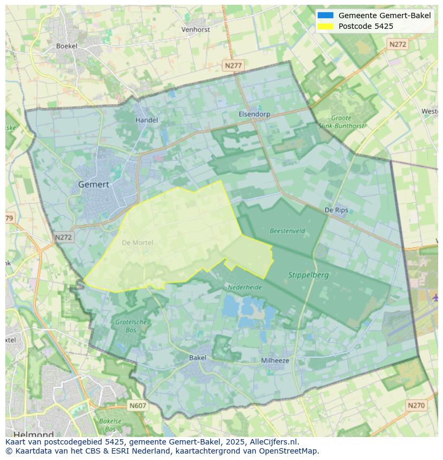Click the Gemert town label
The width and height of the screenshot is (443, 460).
[94, 184]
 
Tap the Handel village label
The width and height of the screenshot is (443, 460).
[146, 120]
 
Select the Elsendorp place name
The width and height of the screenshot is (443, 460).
[254, 114]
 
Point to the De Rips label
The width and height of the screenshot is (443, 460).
[336, 210]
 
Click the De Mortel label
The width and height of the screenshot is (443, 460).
[138, 243]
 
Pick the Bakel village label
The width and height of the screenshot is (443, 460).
[197, 357]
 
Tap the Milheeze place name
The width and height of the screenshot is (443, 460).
[275, 361]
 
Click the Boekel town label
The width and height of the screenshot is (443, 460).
[67, 46]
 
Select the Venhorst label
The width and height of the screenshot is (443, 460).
[196, 30]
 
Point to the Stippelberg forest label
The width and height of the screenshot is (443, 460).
[308, 275]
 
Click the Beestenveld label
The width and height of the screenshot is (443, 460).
[287, 231]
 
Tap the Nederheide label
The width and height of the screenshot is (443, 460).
[245, 287]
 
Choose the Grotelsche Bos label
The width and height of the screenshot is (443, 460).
[131, 326]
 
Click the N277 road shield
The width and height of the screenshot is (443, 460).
[233, 65]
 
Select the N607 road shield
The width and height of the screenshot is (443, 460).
[138, 406]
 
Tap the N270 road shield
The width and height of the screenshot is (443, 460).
[416, 406]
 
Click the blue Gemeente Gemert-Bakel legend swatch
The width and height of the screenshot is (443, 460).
[325, 15]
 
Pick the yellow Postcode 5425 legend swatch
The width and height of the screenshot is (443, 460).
[325, 26]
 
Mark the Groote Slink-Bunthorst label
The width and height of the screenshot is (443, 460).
[341, 122]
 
